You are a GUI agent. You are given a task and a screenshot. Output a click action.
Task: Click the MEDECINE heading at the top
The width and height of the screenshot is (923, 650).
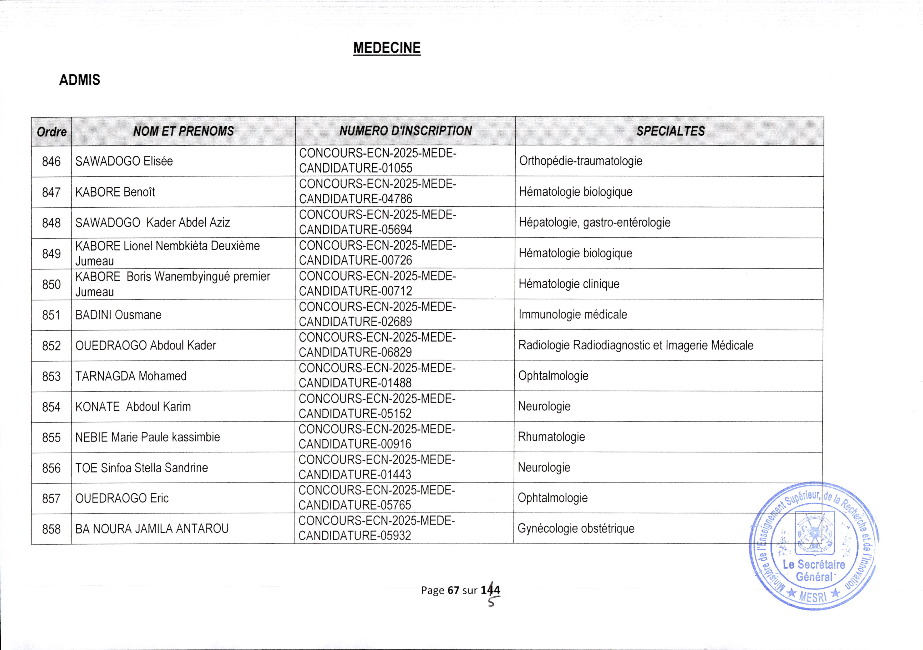point(387,48)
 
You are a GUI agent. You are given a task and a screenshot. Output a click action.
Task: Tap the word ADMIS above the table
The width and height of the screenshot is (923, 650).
point(80,80)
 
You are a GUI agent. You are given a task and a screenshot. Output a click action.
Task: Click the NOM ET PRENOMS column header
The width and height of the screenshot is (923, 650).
point(183,131)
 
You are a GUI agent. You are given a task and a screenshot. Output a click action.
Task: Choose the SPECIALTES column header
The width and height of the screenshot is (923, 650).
point(670,131)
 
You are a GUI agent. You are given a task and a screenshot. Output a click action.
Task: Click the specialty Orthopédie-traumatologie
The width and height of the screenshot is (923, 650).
point(581,161)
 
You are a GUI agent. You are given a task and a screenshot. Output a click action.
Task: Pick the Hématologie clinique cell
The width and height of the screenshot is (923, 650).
point(569,284)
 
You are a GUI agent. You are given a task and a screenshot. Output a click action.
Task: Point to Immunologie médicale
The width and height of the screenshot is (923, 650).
point(572,314)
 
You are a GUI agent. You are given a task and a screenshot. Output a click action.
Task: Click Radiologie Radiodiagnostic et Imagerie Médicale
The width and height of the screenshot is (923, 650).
point(636,345)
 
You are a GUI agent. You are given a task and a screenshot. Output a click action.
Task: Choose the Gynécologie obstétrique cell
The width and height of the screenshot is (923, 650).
point(576,529)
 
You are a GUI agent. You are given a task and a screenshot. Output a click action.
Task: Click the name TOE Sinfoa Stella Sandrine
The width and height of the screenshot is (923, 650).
point(141,468)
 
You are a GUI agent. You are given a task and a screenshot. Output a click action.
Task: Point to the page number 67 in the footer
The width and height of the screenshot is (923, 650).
point(453,590)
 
